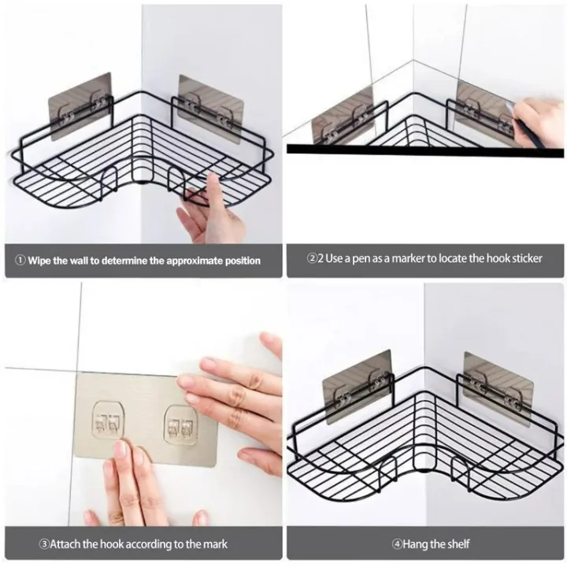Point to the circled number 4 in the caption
click(397, 543)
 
